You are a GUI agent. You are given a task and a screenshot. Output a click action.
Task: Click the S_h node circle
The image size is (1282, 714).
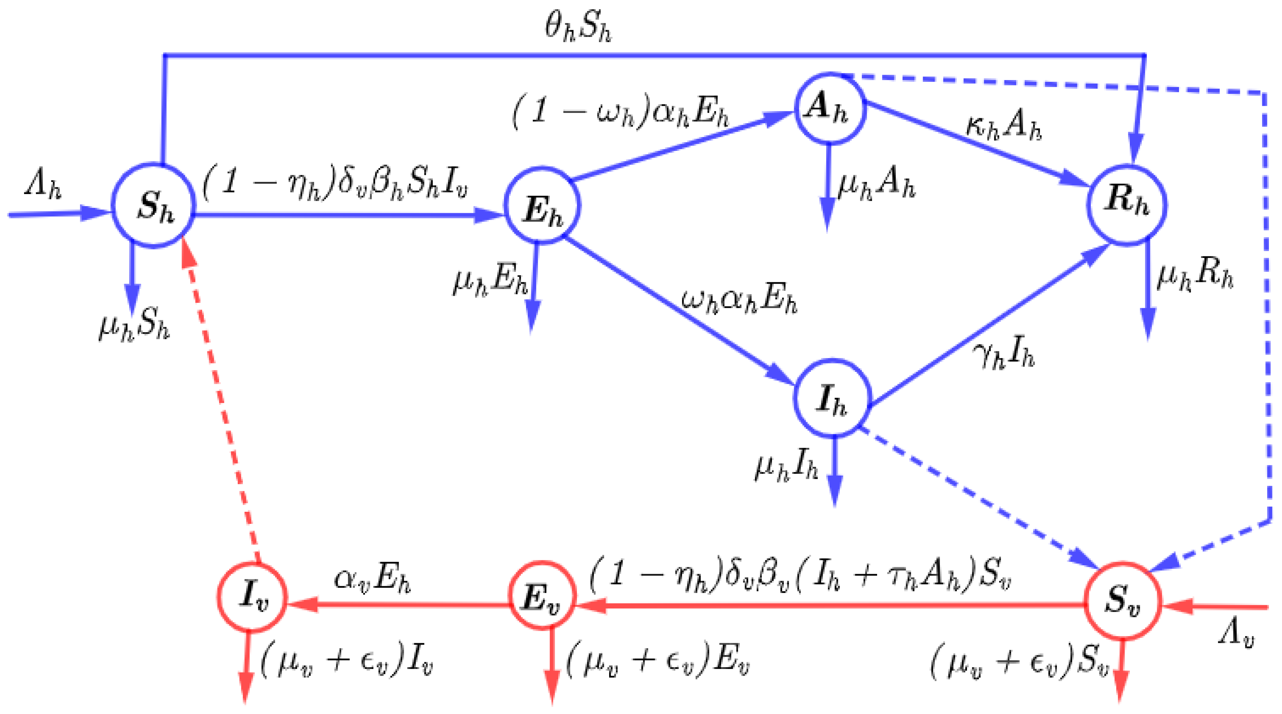coord(153,205)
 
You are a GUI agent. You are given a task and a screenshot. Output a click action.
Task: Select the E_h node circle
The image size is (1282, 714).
coord(542,205)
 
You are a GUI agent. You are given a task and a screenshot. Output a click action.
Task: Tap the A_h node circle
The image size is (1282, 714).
coord(830,108)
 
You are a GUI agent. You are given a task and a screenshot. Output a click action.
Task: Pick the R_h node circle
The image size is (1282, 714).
coord(1127,205)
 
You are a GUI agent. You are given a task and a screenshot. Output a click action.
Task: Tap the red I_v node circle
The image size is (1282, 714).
coord(252,596)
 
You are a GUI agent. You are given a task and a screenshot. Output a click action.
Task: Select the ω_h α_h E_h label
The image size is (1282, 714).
coord(739,299)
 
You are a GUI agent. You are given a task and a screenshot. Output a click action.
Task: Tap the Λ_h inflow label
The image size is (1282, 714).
coord(43,185)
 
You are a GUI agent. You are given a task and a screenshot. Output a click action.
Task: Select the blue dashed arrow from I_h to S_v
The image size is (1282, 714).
coord(975,498)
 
